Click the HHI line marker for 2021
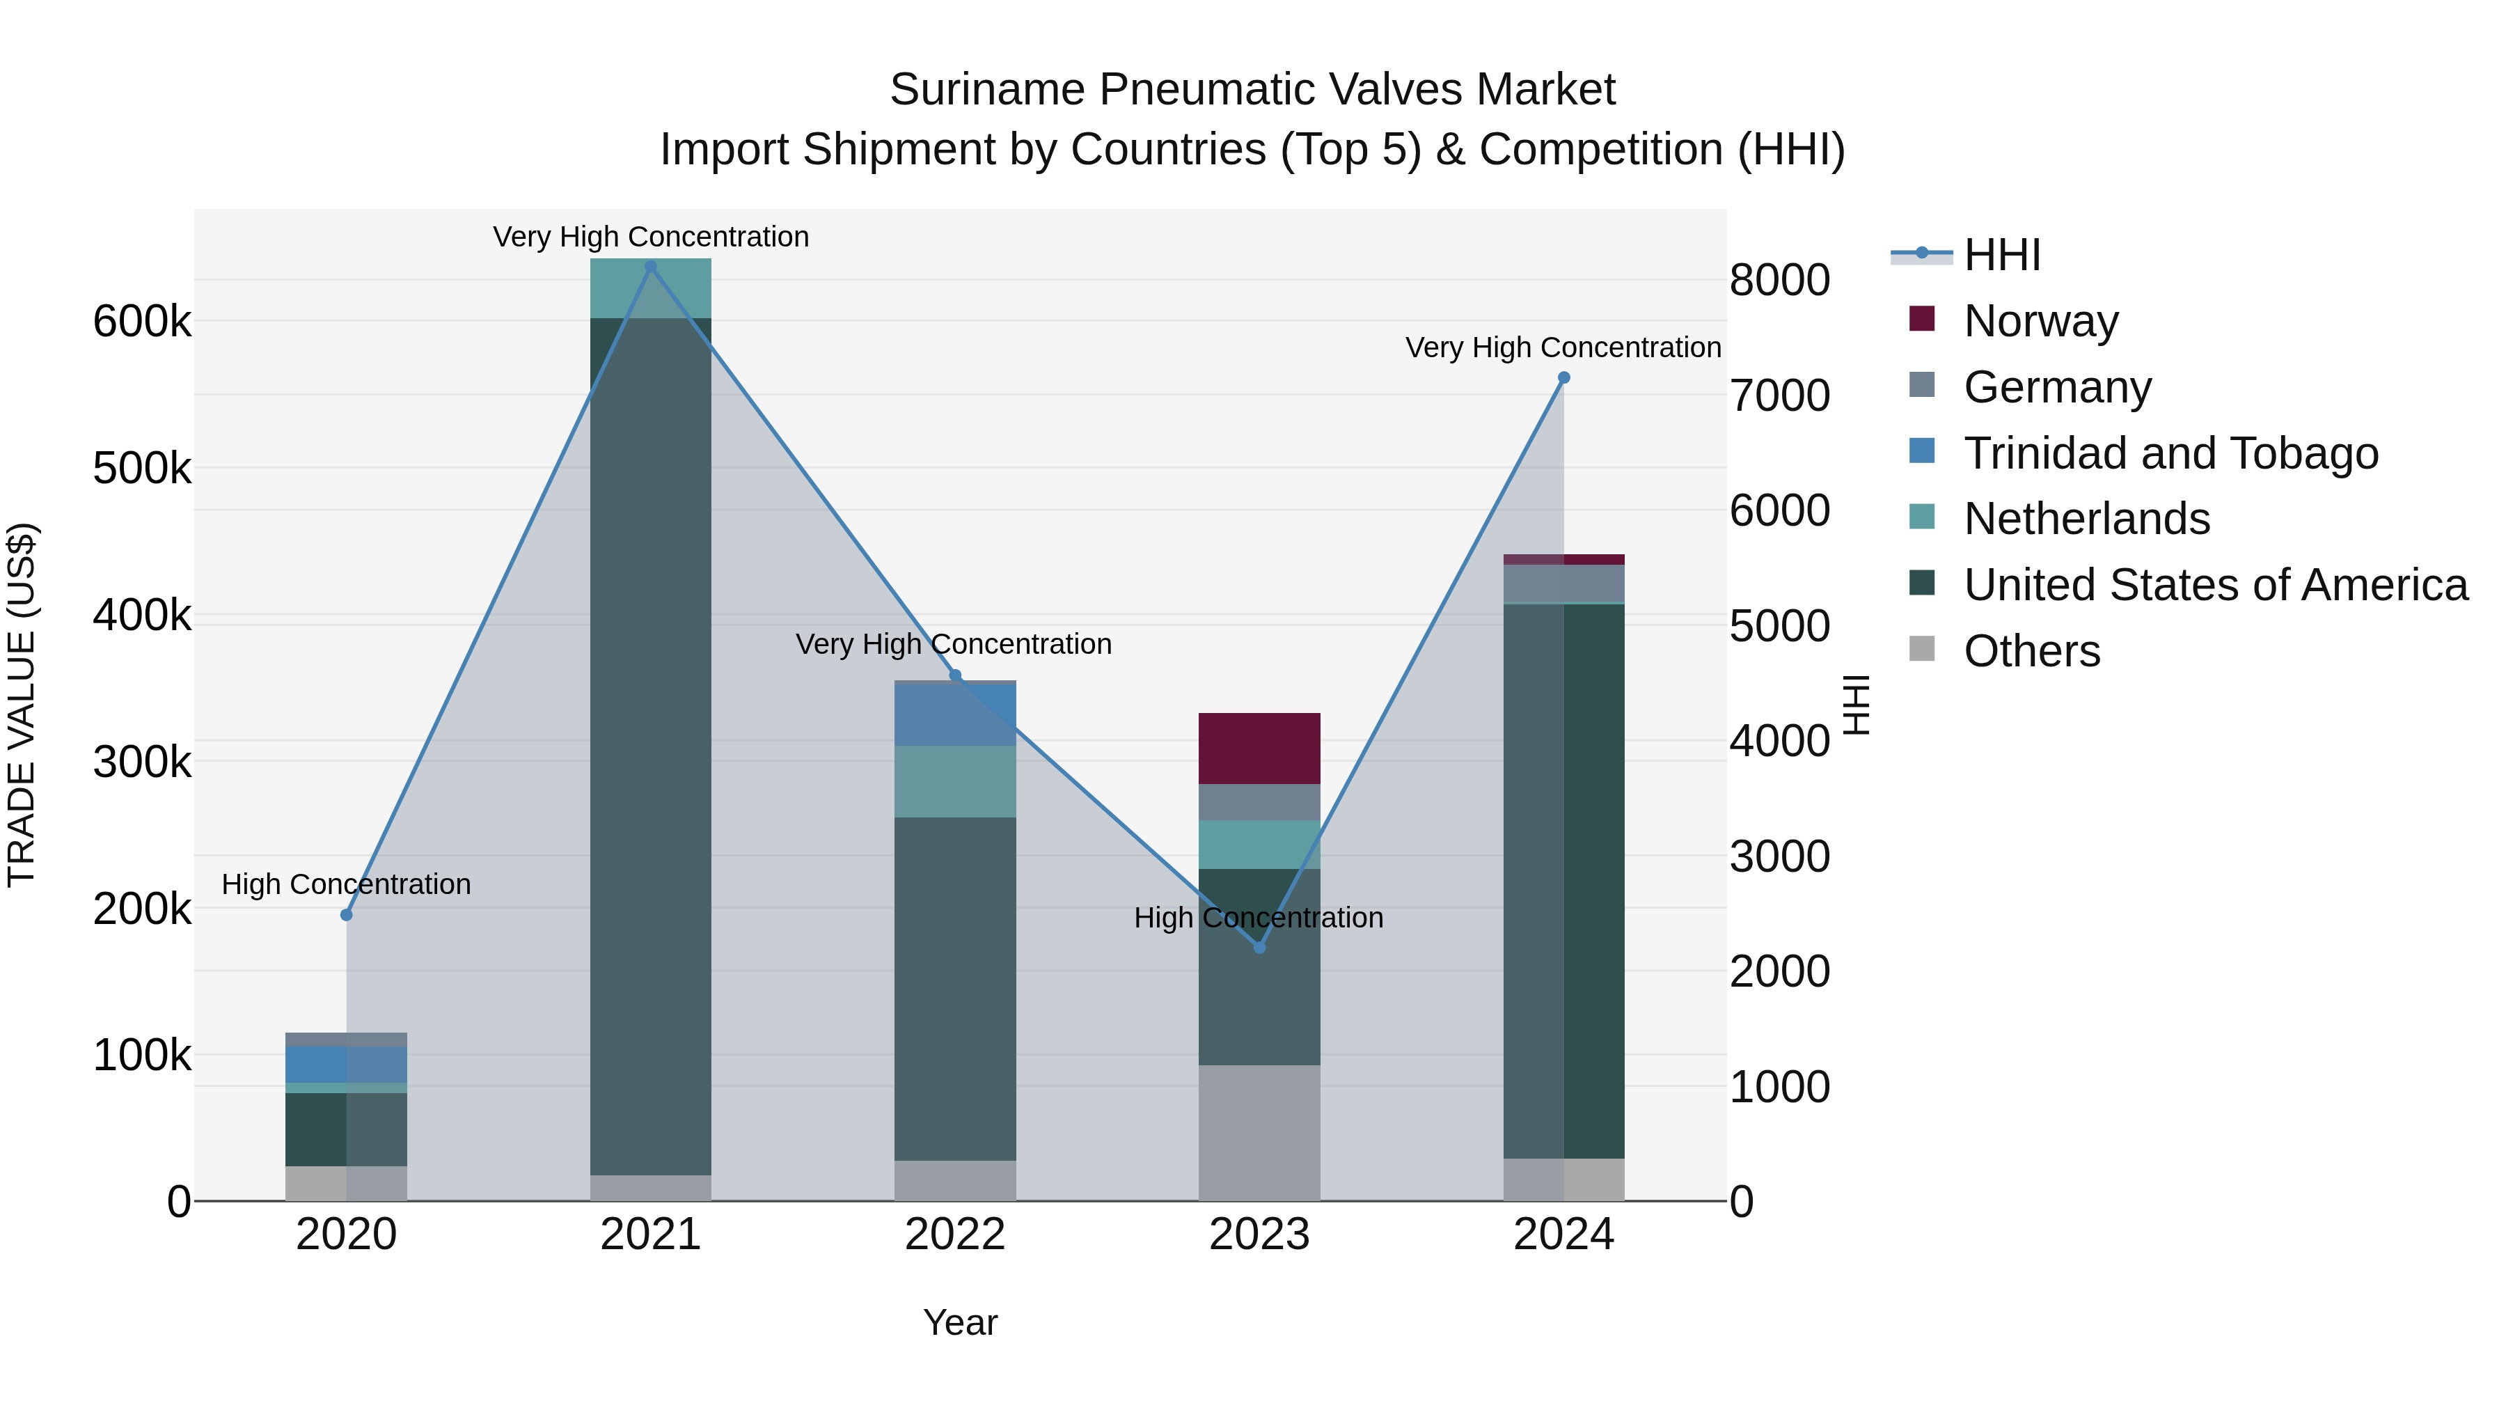(651, 267)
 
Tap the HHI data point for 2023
(1259, 947)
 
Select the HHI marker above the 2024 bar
(1563, 377)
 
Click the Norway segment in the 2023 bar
(1259, 749)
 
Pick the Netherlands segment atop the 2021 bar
(651, 288)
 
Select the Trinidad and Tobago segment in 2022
(954, 715)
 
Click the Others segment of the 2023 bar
(1259, 1133)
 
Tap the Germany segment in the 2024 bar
(1563, 584)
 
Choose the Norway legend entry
(2040, 321)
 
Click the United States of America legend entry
(2215, 585)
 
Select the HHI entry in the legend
(2001, 255)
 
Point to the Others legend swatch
(1921, 649)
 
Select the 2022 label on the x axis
(954, 1235)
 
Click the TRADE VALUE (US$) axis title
(22, 705)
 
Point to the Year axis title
(960, 1322)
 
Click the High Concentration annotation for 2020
(347, 884)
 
